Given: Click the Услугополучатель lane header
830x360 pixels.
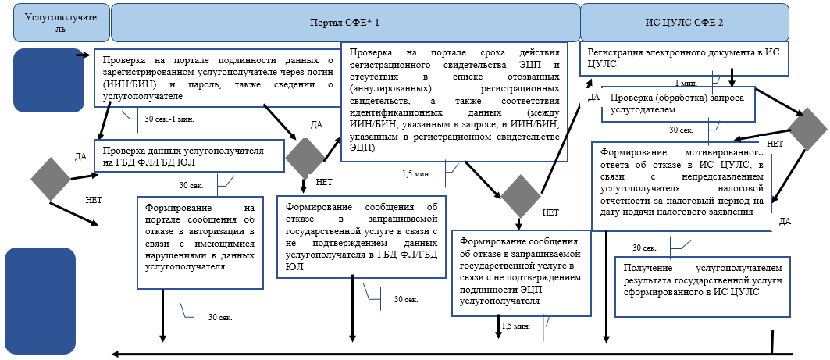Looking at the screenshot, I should pyautogui.click(x=61, y=22).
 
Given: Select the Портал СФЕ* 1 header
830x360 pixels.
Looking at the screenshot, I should pyautogui.click(x=345, y=22).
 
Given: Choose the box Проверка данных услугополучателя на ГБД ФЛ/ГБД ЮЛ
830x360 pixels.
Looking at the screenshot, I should pyautogui.click(x=189, y=156).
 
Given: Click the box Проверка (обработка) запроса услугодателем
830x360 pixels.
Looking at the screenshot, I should pyautogui.click(x=678, y=105).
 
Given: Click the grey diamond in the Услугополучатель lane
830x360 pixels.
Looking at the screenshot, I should pyautogui.click(x=50, y=178).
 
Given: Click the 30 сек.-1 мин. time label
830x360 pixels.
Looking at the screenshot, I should pyautogui.click(x=170, y=119).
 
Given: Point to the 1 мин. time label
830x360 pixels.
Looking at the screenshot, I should pyautogui.click(x=685, y=82).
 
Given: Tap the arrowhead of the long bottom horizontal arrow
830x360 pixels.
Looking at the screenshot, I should pyautogui.click(x=116, y=354).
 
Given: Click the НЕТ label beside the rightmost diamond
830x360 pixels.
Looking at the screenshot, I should pyautogui.click(x=775, y=144).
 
